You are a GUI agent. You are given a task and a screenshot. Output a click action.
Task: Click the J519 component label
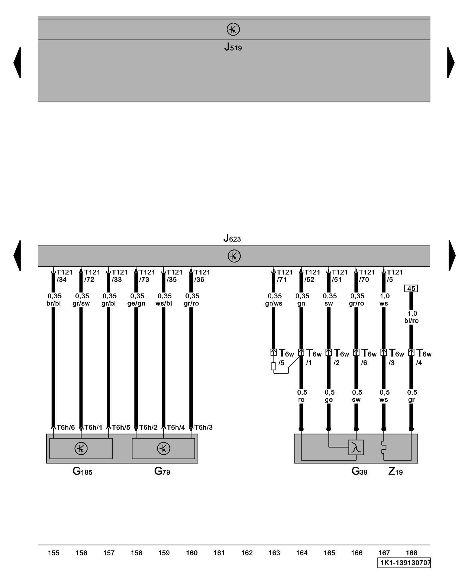(x=233, y=47)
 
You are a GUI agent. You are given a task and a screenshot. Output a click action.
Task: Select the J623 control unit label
(x=232, y=238)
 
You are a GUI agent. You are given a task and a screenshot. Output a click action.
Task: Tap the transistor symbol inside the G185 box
(x=81, y=448)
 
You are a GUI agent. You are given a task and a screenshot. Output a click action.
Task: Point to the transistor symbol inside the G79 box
(x=163, y=448)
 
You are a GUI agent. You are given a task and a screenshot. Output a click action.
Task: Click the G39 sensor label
(x=359, y=471)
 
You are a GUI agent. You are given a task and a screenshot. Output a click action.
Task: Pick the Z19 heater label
(x=395, y=471)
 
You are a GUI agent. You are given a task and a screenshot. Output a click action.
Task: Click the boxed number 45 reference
(x=411, y=289)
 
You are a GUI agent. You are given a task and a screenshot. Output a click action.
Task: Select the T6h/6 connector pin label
(x=66, y=427)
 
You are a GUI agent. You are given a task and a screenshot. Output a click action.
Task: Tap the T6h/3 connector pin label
(x=204, y=427)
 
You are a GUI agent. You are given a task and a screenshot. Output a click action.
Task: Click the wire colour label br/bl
(x=54, y=303)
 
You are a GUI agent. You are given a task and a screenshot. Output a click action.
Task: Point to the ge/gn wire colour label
(x=136, y=303)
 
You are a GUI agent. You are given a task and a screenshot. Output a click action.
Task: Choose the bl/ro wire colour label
(x=411, y=321)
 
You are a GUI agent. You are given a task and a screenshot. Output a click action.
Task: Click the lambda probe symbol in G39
(x=356, y=447)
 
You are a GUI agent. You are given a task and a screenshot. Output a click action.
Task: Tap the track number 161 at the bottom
(x=219, y=553)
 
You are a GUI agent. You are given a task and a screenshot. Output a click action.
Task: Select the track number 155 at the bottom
(x=54, y=553)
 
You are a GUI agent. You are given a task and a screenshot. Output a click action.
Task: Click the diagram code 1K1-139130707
(x=404, y=563)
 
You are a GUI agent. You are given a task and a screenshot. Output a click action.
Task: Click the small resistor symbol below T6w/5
(x=274, y=366)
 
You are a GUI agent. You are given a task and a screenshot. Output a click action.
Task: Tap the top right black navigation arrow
(x=451, y=62)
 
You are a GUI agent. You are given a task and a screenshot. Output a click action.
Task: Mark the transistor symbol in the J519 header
(x=233, y=29)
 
